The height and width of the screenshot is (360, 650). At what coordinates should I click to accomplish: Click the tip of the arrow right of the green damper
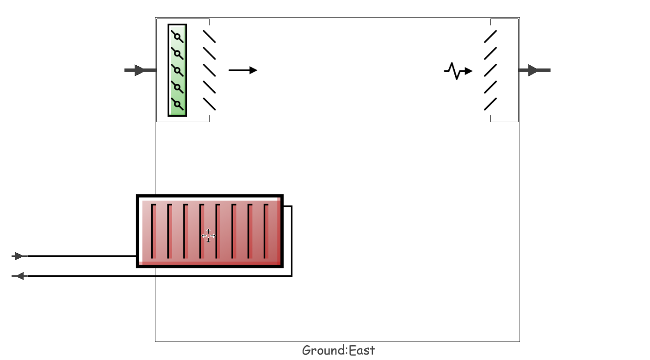click(257, 70)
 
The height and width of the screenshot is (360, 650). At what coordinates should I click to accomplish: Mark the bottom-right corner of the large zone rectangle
click(520, 341)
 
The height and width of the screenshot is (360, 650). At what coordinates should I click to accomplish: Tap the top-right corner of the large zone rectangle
click(520, 18)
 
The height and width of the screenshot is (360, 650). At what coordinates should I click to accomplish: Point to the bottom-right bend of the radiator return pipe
click(291, 276)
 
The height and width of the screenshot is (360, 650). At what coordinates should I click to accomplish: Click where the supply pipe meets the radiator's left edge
click(136, 256)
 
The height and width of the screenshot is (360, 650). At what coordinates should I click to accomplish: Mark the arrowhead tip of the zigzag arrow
click(472, 71)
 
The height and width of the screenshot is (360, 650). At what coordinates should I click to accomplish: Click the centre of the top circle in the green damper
click(177, 37)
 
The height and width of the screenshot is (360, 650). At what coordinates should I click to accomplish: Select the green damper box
click(177, 70)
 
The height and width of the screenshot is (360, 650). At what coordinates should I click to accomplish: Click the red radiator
click(210, 231)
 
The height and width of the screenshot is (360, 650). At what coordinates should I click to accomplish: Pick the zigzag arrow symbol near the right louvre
click(458, 71)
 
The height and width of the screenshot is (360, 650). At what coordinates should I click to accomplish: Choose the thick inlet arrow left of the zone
click(141, 70)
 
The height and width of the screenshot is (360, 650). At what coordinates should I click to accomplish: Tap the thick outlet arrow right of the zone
click(534, 70)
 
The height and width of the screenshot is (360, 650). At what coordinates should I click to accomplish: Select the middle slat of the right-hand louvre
click(490, 70)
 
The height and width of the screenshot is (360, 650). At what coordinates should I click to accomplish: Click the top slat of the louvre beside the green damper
click(209, 37)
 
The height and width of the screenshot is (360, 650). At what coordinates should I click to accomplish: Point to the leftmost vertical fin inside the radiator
click(153, 231)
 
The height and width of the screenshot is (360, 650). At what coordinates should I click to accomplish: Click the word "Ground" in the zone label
click(324, 350)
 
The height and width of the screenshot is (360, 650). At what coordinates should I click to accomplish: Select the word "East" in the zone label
click(362, 350)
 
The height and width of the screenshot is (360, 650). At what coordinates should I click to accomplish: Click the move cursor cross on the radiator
click(208, 236)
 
